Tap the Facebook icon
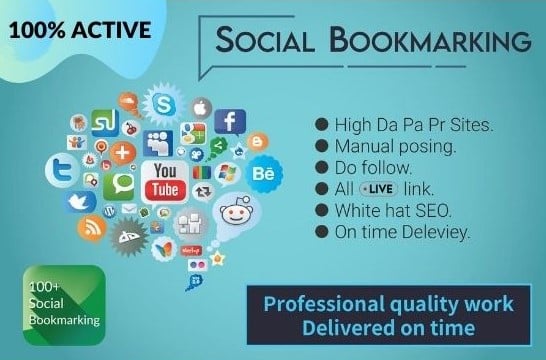pos(230,122)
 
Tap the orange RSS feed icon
pos(92,228)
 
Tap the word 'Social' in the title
pos(274,45)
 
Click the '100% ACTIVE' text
pos(76,30)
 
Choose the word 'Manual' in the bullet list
pos(367,146)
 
